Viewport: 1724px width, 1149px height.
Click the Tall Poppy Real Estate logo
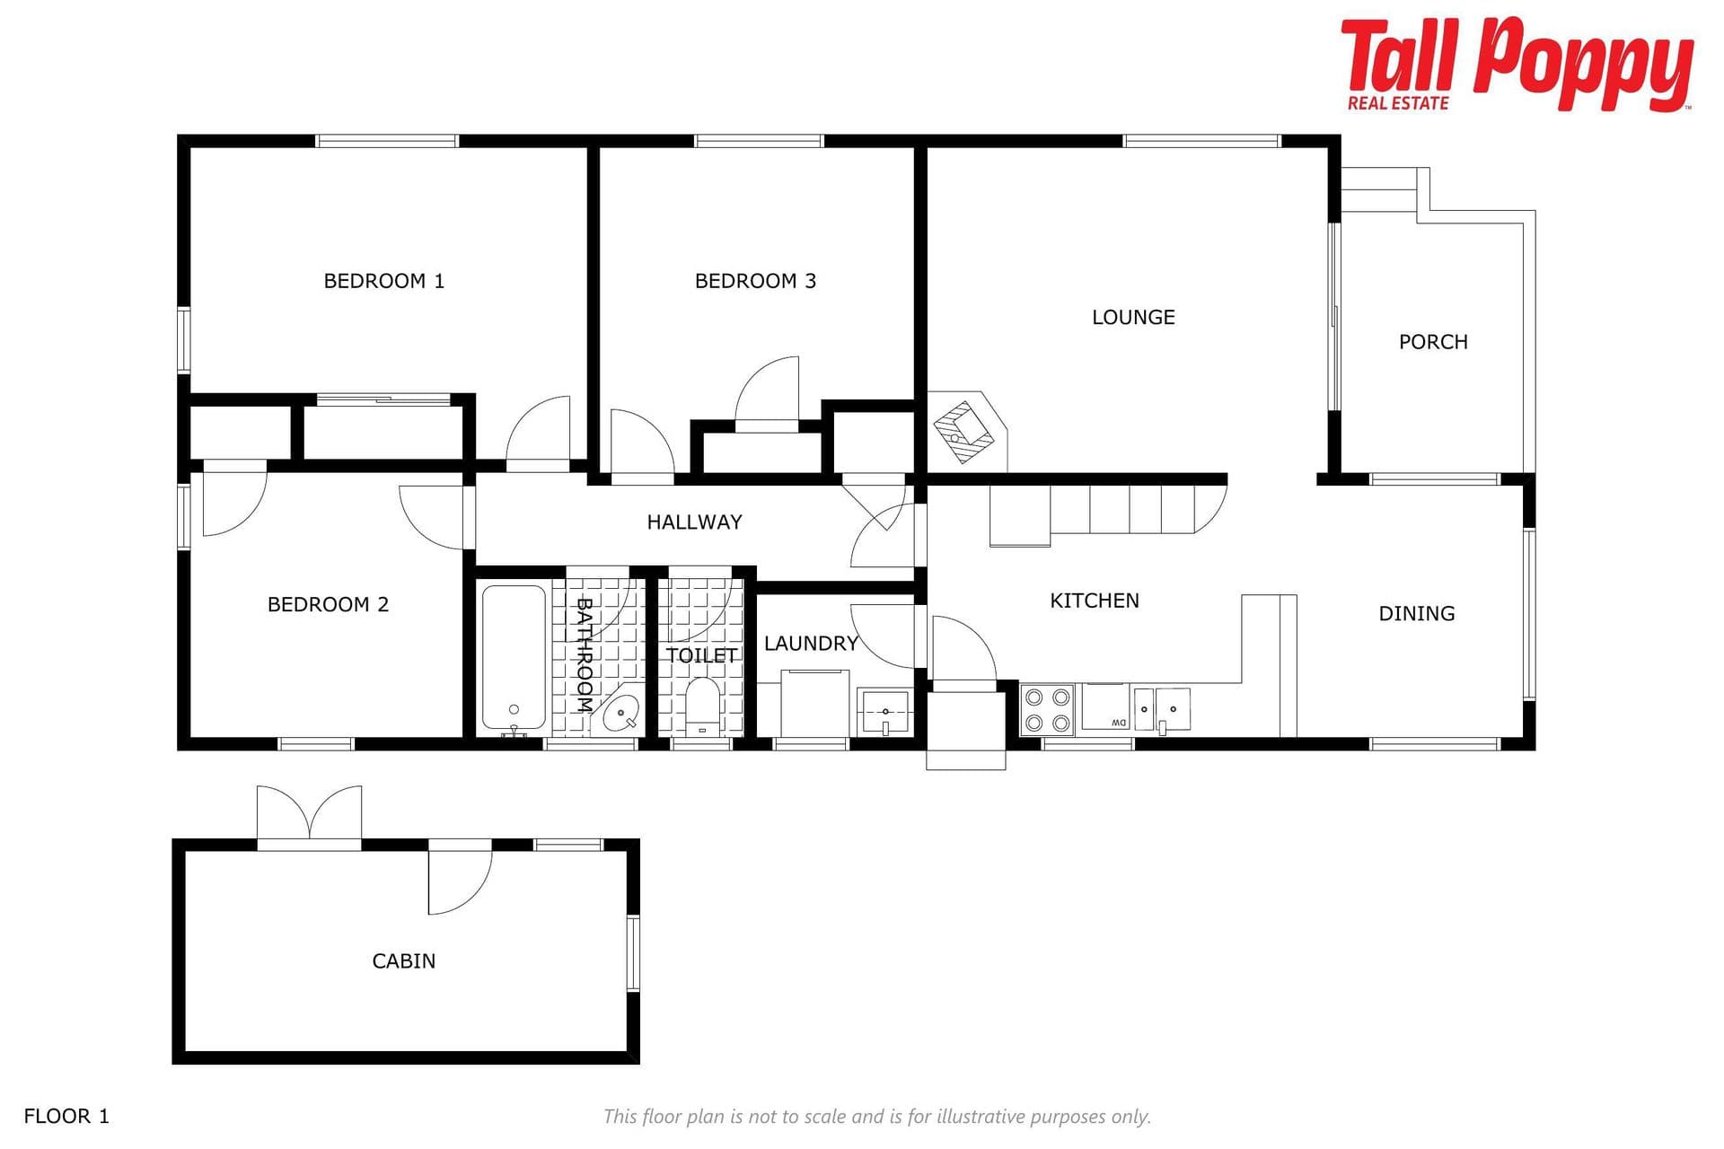(1517, 65)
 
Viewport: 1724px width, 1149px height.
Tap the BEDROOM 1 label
(383, 281)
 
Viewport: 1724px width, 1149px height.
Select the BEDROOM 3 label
(755, 281)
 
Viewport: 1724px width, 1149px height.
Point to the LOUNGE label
(1133, 317)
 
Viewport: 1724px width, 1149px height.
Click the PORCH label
(1433, 342)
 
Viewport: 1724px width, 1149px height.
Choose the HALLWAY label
(694, 522)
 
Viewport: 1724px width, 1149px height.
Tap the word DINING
(1416, 613)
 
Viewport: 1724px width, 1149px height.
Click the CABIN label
(403, 960)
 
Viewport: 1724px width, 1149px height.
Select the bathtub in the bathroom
(514, 658)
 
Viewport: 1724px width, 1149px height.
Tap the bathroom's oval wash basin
(621, 714)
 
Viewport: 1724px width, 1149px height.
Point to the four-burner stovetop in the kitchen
(1048, 710)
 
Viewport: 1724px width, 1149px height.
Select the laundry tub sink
(885, 713)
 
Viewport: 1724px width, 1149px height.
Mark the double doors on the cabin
(309, 816)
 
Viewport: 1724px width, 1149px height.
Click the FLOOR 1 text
(66, 1116)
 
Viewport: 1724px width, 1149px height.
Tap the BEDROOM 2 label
(328, 604)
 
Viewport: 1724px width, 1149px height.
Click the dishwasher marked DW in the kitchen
(1105, 707)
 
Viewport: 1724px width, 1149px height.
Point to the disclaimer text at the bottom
(877, 1117)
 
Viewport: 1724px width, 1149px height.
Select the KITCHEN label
(1095, 601)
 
